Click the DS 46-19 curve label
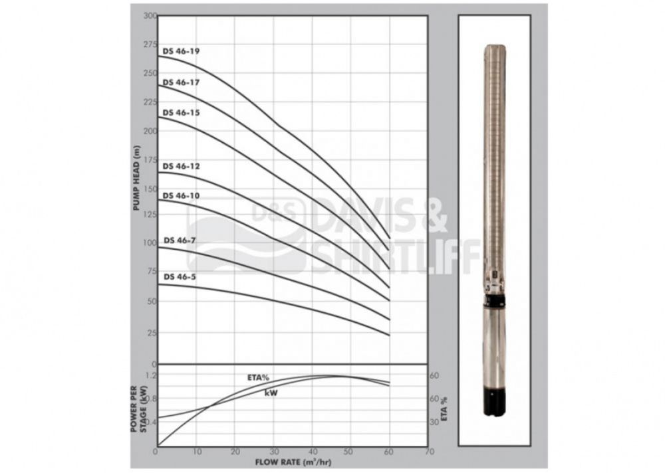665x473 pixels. [181, 51]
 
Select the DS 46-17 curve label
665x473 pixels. [181, 82]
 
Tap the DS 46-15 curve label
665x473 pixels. [181, 113]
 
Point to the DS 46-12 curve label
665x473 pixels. [181, 166]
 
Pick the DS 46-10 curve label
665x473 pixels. [181, 195]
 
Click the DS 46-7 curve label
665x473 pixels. [180, 240]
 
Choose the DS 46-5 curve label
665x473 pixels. [180, 277]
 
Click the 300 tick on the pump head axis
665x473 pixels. [150, 16]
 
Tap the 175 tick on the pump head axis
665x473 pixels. [150, 160]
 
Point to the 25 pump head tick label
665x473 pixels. [152, 333]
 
